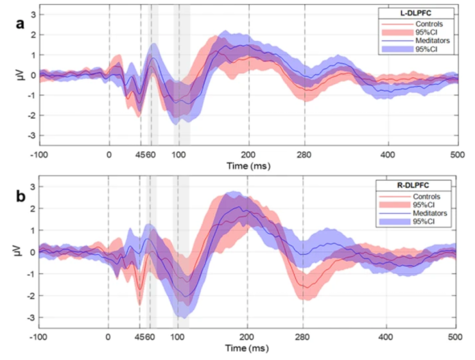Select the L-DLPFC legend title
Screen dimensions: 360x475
(417, 12)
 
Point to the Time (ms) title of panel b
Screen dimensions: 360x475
(247, 348)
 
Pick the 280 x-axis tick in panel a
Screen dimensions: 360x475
(304, 155)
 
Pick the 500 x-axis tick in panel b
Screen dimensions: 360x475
(456, 336)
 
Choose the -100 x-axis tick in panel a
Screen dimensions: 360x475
(40, 155)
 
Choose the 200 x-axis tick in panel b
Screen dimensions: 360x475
(247, 336)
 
